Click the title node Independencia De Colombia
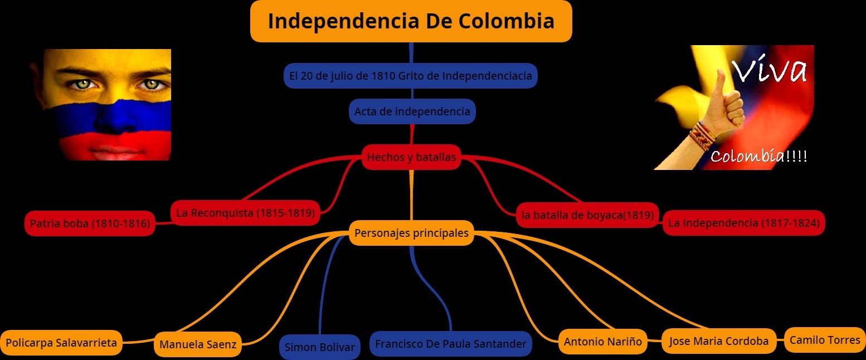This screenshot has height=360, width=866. click(411, 21)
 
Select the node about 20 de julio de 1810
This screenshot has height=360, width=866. click(410, 75)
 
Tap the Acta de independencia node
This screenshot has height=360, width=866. click(412, 111)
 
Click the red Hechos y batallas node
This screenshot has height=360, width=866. click(411, 157)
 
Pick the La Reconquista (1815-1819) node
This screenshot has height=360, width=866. click(245, 212)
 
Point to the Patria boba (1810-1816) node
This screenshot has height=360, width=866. click(90, 224)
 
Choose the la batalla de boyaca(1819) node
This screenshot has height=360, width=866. click(587, 215)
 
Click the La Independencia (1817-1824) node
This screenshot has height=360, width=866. click(743, 223)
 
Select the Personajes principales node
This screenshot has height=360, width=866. click(411, 233)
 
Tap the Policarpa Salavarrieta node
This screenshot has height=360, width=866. click(61, 342)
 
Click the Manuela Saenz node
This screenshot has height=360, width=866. click(198, 344)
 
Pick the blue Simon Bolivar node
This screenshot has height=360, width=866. click(319, 347)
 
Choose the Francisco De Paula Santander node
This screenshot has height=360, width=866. click(450, 344)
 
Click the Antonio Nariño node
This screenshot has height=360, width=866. click(602, 341)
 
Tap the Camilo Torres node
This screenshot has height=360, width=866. click(825, 340)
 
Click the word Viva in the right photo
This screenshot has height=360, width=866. click(769, 70)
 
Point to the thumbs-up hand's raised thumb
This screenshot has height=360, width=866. click(721, 81)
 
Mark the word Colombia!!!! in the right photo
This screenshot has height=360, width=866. click(758, 157)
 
